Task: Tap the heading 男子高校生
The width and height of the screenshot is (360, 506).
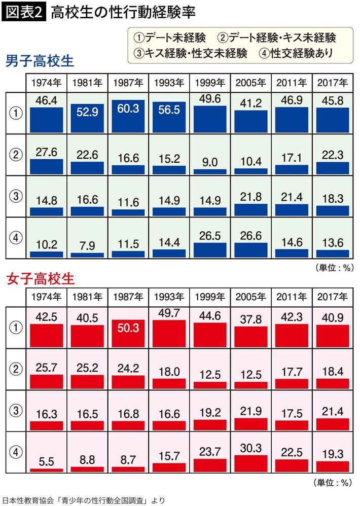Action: point(40,62)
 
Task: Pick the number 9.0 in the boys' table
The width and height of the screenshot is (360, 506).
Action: point(209,162)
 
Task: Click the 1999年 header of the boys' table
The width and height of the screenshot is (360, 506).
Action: point(209,83)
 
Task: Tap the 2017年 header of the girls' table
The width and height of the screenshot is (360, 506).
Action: point(332,297)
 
